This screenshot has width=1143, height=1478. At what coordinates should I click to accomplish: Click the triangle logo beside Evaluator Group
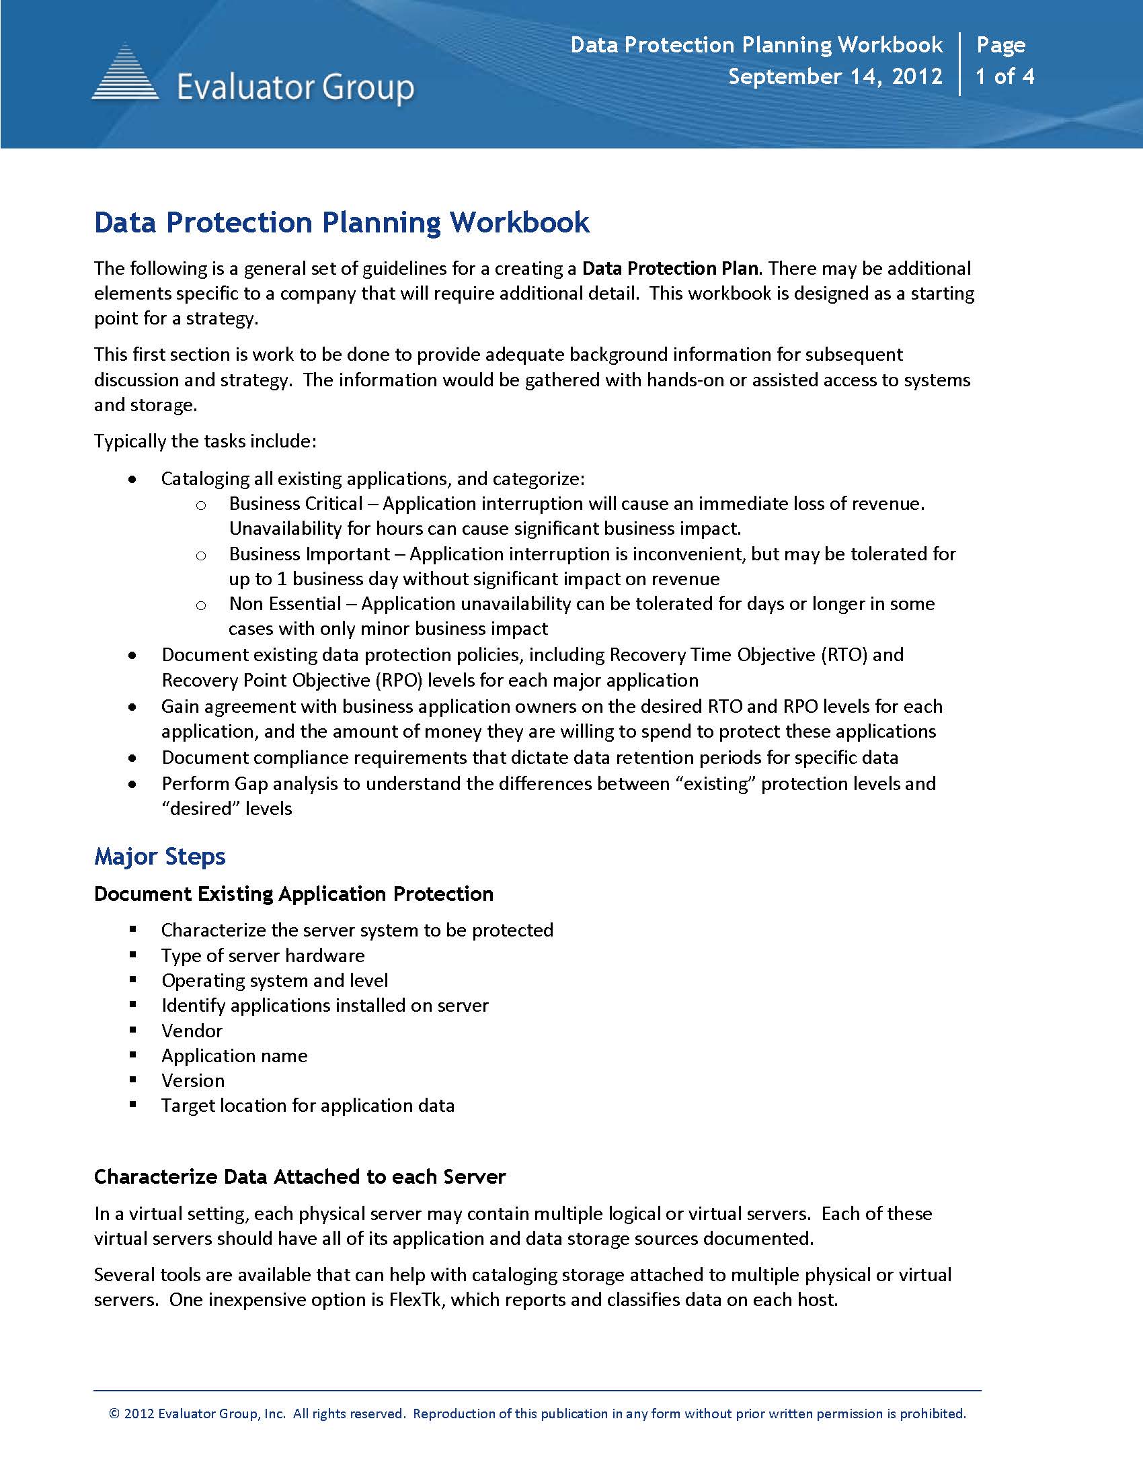coord(125,73)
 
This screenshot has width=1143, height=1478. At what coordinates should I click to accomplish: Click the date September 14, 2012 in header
coord(835,77)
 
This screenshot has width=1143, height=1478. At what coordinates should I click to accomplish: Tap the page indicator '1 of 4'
coord(1004,77)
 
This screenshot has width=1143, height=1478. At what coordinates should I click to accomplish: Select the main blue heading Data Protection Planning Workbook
coord(342,222)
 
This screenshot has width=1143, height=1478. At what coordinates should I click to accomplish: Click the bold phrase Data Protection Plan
coord(669,269)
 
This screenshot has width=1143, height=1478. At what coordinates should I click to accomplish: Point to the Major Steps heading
coord(160,856)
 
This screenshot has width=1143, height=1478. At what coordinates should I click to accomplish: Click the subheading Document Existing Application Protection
coord(293,894)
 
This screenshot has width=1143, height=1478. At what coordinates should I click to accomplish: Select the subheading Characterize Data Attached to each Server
coord(299,1177)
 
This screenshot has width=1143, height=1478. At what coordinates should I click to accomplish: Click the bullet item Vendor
coord(192,1031)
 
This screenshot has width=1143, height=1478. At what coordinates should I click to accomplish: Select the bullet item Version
coord(193,1081)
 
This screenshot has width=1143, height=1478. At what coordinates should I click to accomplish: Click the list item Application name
coord(234,1055)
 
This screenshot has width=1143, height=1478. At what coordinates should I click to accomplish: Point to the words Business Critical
coord(296,504)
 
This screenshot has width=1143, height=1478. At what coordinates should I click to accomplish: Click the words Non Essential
coord(285,604)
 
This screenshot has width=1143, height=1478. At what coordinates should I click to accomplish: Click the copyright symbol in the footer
coord(114,1414)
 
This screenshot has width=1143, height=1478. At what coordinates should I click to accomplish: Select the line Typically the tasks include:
coord(205,441)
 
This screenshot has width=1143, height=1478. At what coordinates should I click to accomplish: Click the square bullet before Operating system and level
coord(133,980)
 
